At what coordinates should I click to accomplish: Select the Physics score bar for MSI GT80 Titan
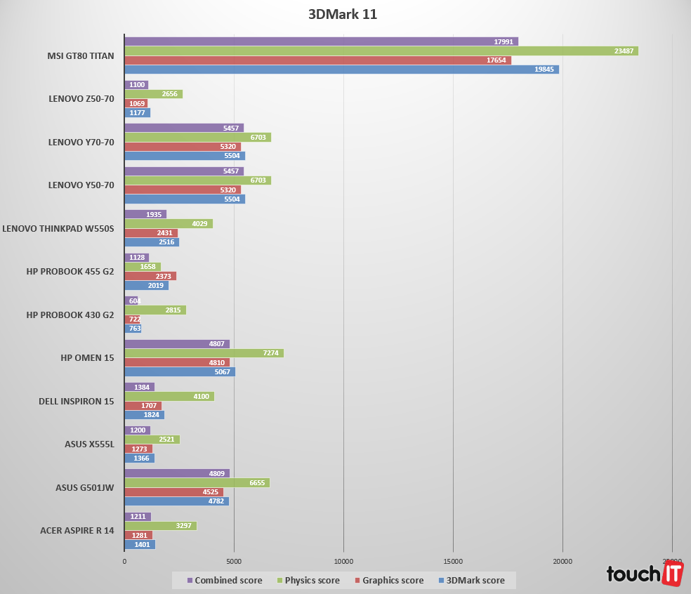pos(381,51)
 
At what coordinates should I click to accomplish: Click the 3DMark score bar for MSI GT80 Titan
pos(341,70)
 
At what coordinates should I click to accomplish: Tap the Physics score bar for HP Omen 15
pos(204,353)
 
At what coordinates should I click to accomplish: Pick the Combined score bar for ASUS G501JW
pos(177,473)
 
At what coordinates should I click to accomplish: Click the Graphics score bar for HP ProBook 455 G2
pos(150,276)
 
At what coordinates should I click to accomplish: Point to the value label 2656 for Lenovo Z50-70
pos(169,94)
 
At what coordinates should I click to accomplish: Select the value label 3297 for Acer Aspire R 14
pos(184,526)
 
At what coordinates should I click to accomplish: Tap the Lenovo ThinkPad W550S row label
pos(58,228)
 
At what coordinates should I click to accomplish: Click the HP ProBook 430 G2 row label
pos(70,315)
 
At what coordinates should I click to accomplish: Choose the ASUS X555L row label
pos(85,444)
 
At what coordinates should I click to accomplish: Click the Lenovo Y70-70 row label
pos(81,142)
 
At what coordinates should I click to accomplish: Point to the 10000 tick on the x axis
pos(343,561)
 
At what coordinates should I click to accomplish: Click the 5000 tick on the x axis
pos(234,561)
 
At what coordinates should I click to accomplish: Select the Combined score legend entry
pos(224,581)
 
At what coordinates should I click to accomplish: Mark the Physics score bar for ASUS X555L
pos(152,440)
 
